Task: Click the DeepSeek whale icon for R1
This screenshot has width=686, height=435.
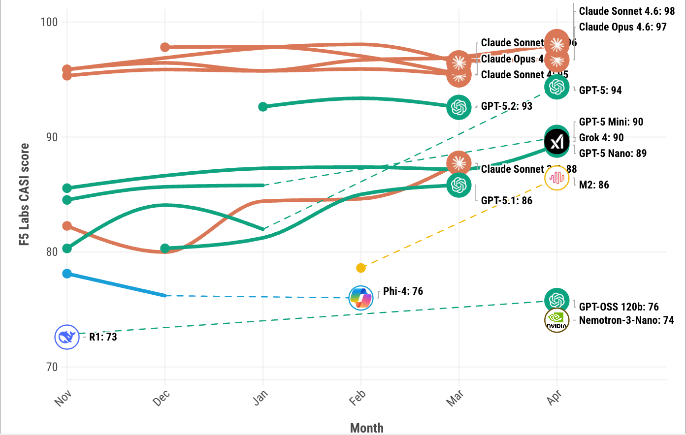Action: click(x=67, y=337)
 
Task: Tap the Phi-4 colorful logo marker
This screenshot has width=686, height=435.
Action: click(x=360, y=298)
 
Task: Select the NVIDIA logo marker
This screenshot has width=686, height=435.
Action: click(x=556, y=320)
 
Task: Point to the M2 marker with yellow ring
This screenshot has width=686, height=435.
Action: click(x=556, y=178)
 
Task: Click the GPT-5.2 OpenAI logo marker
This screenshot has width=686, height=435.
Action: click(x=458, y=107)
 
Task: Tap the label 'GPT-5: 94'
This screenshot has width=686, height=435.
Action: click(x=600, y=91)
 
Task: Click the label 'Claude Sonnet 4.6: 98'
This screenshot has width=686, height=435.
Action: click(x=626, y=11)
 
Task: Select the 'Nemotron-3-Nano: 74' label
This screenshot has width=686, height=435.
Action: click(x=626, y=320)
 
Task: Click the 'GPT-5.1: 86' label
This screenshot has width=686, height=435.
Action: click(x=506, y=201)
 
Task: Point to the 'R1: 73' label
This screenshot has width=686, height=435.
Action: click(x=103, y=337)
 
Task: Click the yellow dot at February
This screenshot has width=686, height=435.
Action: click(x=361, y=268)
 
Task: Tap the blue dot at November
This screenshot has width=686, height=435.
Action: click(x=67, y=274)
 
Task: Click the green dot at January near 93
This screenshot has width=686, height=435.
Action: click(x=263, y=107)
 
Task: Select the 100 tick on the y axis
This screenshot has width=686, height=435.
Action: click(x=49, y=22)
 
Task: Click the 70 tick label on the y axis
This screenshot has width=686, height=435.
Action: click(x=51, y=367)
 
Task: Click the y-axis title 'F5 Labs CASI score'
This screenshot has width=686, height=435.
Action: click(x=24, y=194)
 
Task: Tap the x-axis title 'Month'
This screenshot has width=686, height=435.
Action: click(x=366, y=428)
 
